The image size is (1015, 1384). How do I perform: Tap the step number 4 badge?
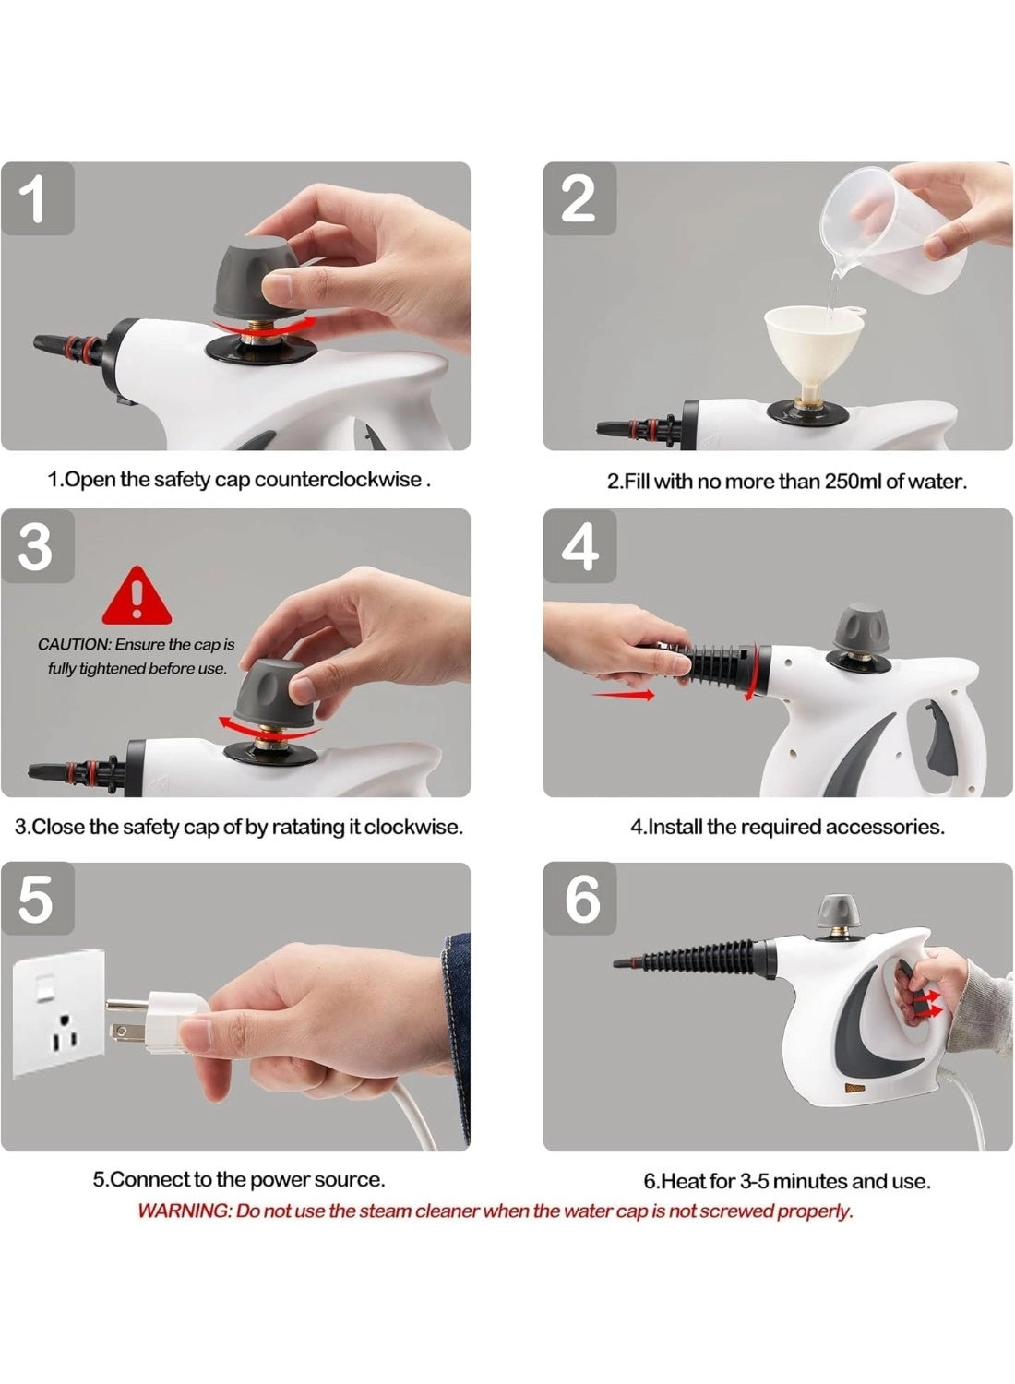(579, 545)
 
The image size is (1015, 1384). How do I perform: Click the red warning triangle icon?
(137, 598)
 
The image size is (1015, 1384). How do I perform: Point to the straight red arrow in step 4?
(623, 694)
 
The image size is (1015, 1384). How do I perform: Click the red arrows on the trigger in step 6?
(931, 1004)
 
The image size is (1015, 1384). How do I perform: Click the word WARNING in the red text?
(184, 1211)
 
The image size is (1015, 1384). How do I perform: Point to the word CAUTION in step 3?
(73, 645)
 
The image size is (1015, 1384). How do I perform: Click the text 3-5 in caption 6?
(754, 1181)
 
